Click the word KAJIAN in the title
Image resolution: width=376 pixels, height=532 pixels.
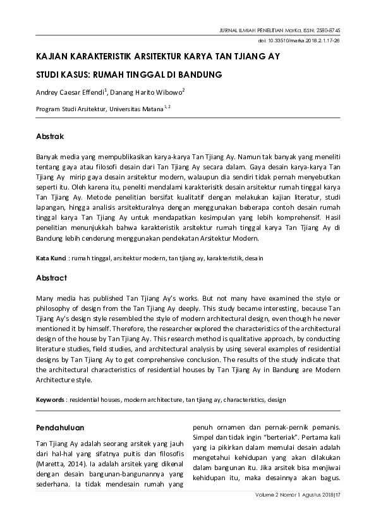coord(52,57)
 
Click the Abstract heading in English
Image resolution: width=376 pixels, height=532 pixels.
coord(51,277)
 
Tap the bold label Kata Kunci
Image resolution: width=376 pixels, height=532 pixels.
coord(52,258)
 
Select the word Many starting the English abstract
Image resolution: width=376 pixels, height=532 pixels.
coord(45,298)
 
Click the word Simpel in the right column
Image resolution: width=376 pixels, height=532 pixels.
coord(205,437)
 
